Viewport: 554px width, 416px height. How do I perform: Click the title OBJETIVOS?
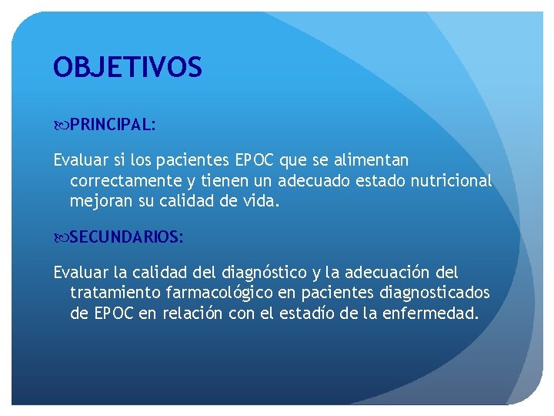(128, 68)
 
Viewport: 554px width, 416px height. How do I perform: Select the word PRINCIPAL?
(112, 125)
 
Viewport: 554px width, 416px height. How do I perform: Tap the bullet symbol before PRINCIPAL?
(62, 125)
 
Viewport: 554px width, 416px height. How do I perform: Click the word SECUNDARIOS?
(125, 237)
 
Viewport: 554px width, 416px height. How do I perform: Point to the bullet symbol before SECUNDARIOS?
(62, 237)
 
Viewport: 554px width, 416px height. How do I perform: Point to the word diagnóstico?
(263, 273)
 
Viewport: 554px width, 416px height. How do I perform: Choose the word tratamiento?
(113, 294)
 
